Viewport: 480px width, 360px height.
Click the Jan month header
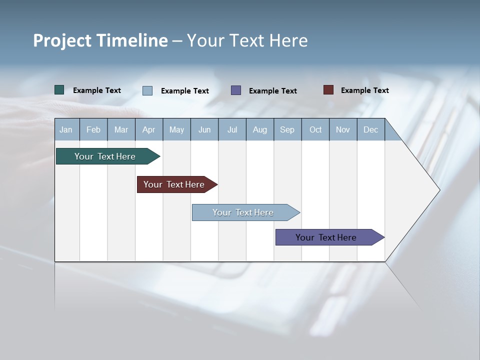coord(66,129)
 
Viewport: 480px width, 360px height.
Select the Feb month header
coord(93,129)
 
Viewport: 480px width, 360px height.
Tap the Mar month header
coord(121,129)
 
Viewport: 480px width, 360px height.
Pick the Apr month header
coord(148,129)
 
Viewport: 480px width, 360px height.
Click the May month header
coord(176,129)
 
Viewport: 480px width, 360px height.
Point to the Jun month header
coord(204,129)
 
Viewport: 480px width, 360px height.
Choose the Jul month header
coord(232,129)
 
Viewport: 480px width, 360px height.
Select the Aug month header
coord(259,129)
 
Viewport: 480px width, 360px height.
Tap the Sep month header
coord(287,129)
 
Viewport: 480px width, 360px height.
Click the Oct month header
coord(315,129)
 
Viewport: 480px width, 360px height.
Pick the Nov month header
coord(343,129)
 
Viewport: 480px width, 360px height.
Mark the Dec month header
coord(370,129)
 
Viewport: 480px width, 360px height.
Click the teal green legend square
coord(59,90)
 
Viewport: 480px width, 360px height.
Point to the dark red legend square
coord(328,90)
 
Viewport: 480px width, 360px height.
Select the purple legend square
coord(236,90)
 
